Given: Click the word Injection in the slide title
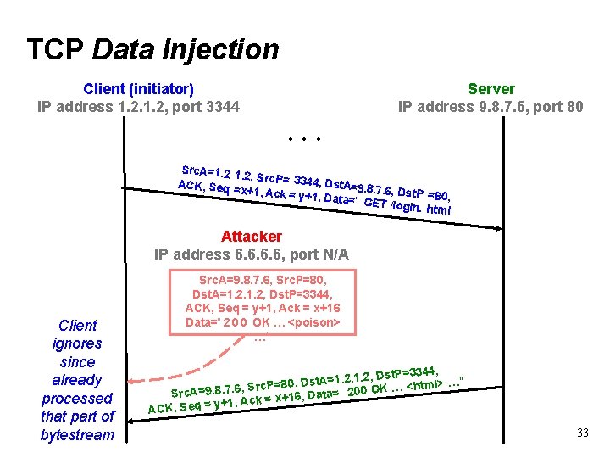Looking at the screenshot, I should (x=227, y=49).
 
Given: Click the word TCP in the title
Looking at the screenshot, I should (x=56, y=49).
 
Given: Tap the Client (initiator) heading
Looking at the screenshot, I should (x=138, y=88).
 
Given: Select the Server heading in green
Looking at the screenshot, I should (x=491, y=88).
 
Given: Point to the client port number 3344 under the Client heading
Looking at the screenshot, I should (x=224, y=107).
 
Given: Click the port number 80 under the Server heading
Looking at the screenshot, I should (x=573, y=107).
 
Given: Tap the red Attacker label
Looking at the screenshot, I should (x=252, y=236).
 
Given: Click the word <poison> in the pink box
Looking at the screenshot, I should (x=314, y=323).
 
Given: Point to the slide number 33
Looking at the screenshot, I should (x=582, y=433).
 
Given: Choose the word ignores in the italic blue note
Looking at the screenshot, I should (x=77, y=343).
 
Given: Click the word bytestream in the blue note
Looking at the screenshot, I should (x=77, y=434).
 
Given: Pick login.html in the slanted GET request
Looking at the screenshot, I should (x=420, y=206).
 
